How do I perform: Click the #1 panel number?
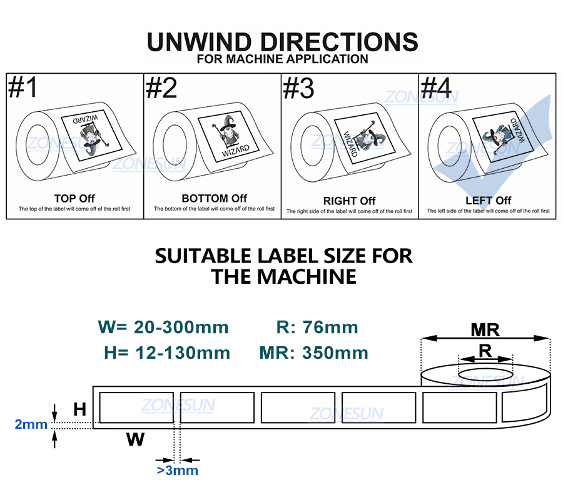tap(23, 87)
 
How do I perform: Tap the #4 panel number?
tap(436, 87)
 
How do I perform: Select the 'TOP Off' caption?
tap(74, 198)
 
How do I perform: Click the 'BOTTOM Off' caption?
tap(215, 198)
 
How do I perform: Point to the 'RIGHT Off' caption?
tap(349, 201)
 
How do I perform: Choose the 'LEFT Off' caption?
tap(489, 201)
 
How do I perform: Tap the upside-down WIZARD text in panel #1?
tap(86, 119)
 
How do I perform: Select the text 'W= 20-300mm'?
tap(163, 327)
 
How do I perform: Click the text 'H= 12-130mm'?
tap(167, 352)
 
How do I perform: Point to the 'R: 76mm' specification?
tap(317, 327)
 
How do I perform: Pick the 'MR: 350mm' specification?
tap(314, 352)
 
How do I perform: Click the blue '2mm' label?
tap(31, 424)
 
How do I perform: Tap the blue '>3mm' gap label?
tap(178, 470)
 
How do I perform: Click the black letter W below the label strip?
tap(135, 439)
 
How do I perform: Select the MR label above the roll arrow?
tap(485, 330)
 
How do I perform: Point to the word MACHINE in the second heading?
tap(307, 276)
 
